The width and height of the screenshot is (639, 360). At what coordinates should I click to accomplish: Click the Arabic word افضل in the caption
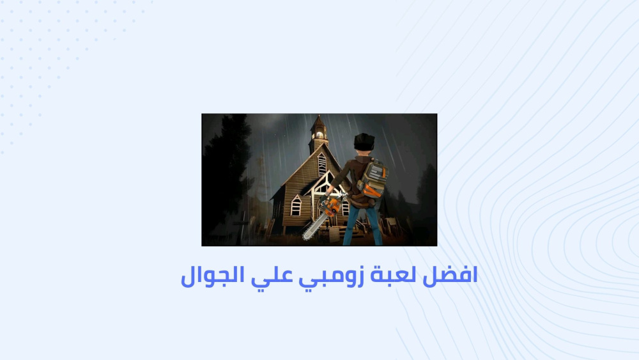pyautogui.click(x=450, y=276)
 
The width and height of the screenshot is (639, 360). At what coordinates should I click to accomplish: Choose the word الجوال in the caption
pyautogui.click(x=212, y=276)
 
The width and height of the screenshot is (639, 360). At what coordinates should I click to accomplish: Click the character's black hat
pyautogui.click(x=364, y=141)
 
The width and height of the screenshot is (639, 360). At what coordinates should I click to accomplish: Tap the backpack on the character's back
pyautogui.click(x=373, y=178)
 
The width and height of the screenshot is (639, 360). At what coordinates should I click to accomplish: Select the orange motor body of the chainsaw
pyautogui.click(x=332, y=207)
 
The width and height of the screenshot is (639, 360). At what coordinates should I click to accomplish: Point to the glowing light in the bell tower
pyautogui.click(x=319, y=134)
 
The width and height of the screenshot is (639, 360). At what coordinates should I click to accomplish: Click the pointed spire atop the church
pyautogui.click(x=318, y=121)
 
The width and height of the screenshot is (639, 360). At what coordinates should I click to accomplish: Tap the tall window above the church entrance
pyautogui.click(x=321, y=164)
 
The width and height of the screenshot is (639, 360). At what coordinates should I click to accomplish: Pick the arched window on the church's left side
pyautogui.click(x=296, y=205)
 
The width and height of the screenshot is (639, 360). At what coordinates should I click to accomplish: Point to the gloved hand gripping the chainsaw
pyautogui.click(x=325, y=200)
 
